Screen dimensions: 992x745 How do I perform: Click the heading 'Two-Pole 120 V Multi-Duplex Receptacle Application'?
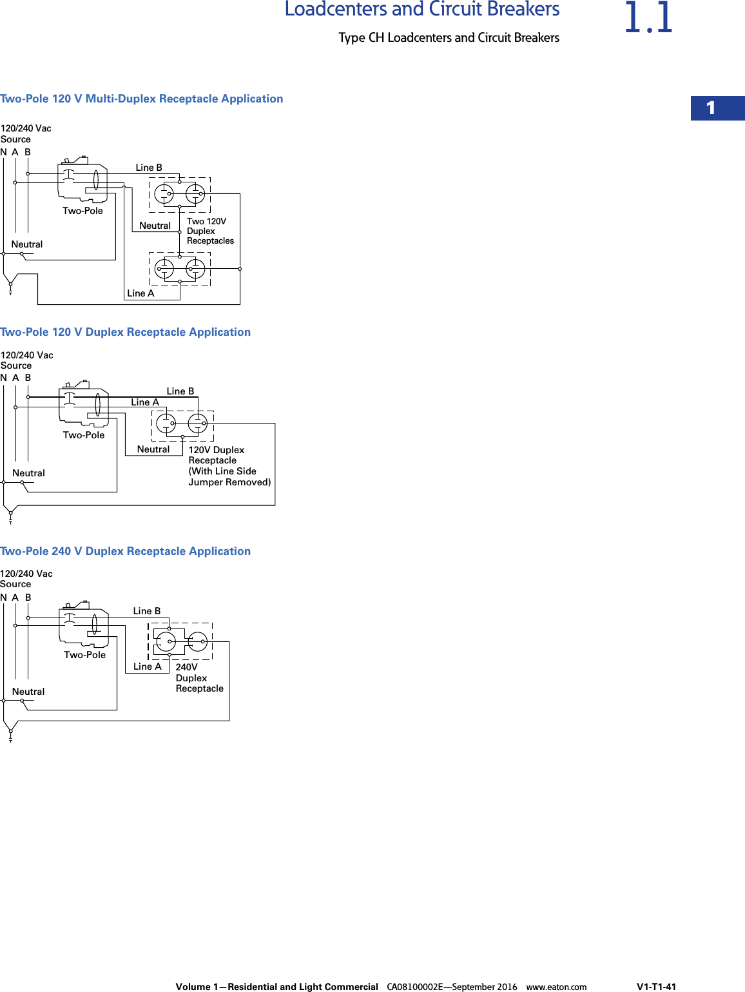tap(142, 99)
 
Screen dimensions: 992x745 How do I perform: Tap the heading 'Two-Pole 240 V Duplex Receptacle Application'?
tap(126, 551)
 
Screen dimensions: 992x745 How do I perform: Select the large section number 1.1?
tap(648, 18)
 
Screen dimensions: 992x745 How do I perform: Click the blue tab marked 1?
tap(717, 108)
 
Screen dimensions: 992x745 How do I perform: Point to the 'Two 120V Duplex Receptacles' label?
tap(210, 231)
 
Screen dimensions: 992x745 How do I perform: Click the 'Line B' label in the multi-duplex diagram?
tap(149, 168)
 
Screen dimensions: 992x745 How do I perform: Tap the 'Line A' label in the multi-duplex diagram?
tap(140, 293)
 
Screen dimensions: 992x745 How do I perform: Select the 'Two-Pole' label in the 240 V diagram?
tap(84, 655)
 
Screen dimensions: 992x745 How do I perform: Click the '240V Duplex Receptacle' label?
tap(199, 677)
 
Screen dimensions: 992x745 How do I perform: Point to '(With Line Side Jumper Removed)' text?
tap(229, 476)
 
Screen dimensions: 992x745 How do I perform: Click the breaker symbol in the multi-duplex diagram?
tap(82, 179)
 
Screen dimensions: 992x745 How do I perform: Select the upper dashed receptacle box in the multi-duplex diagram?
tap(180, 195)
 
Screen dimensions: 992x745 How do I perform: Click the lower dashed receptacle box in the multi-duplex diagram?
tap(180, 269)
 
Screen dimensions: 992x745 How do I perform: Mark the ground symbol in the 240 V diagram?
tap(10, 735)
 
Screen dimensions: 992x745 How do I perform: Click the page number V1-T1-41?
tap(656, 986)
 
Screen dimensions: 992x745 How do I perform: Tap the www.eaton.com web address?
tap(556, 986)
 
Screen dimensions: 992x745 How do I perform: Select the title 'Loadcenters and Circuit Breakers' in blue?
tap(422, 10)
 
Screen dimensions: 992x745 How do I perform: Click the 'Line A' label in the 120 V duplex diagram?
tap(145, 402)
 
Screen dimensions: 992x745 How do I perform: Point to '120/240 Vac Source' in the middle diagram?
tap(26, 360)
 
